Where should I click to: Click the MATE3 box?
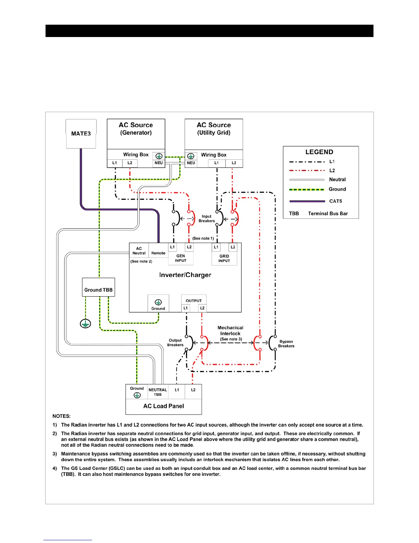tap(81, 134)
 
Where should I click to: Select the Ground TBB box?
tap(99, 287)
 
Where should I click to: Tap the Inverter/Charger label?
tap(185, 275)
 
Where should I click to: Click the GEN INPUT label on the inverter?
tap(181, 258)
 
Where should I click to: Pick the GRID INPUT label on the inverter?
tap(224, 258)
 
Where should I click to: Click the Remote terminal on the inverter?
tap(158, 253)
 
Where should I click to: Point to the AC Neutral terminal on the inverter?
tap(139, 251)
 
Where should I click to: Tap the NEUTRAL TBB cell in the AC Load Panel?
tap(158, 392)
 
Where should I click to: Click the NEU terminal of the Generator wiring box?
tap(158, 163)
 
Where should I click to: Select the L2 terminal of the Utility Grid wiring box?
tap(234, 163)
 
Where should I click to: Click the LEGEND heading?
tap(319, 152)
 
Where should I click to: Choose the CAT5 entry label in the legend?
tap(335, 201)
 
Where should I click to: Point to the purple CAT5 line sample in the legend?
tap(307, 201)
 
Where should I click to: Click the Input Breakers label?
tap(207, 219)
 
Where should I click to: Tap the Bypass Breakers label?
tap(286, 344)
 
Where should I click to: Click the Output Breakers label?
tap(175, 343)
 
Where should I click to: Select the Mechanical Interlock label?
tap(230, 331)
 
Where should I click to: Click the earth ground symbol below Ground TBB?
tap(86, 323)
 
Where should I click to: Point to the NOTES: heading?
tap(61, 416)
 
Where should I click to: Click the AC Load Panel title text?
tap(164, 406)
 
